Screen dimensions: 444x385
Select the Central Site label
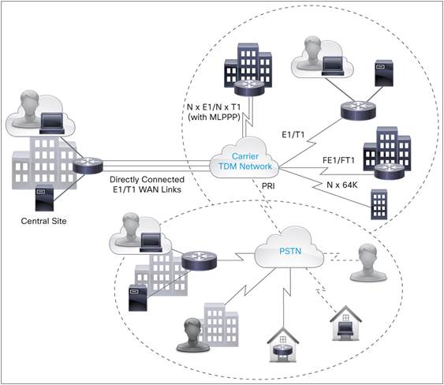pos(44,221)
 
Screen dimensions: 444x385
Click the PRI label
pos(268,186)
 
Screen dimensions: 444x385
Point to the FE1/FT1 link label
pos(338,160)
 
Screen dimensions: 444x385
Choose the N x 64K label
pos(342,185)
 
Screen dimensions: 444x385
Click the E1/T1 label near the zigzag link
pos(293,135)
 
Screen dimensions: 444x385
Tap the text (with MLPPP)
pos(214,117)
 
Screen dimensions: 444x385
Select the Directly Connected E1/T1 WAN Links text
pos(147,185)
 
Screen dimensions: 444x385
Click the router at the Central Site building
pos(88,165)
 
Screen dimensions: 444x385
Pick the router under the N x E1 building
pos(249,87)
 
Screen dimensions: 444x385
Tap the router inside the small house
pos(283,351)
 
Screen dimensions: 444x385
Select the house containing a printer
pos(345,323)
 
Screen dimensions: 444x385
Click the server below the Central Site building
pos(44,198)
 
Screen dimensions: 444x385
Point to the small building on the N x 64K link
pos(379,204)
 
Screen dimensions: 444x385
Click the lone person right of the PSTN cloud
pos(368,263)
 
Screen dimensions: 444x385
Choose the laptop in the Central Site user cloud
pos(51,123)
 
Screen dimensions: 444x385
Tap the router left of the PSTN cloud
pos(199,260)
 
